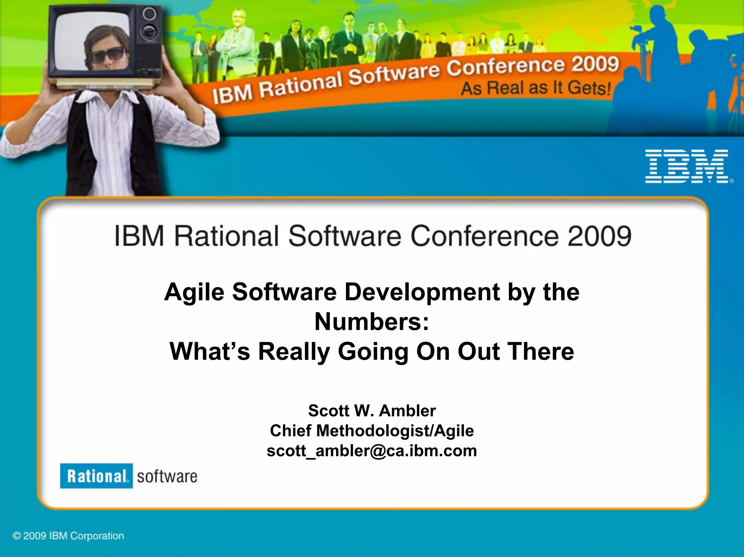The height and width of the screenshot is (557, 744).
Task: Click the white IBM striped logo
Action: (x=687, y=166)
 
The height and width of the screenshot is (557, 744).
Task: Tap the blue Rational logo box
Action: (x=96, y=476)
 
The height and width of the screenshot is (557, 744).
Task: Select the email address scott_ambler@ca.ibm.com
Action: (x=372, y=451)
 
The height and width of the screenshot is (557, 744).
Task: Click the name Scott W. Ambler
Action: (x=372, y=411)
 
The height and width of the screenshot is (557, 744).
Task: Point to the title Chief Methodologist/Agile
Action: (x=372, y=431)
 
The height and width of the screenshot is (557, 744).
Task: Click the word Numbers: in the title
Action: (x=372, y=322)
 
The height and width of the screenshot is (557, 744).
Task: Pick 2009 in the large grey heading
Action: (x=599, y=236)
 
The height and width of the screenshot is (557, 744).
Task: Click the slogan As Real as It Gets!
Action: (x=536, y=88)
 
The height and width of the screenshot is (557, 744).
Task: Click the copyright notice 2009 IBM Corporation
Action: (x=68, y=536)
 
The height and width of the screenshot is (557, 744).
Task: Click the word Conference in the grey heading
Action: (x=485, y=236)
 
